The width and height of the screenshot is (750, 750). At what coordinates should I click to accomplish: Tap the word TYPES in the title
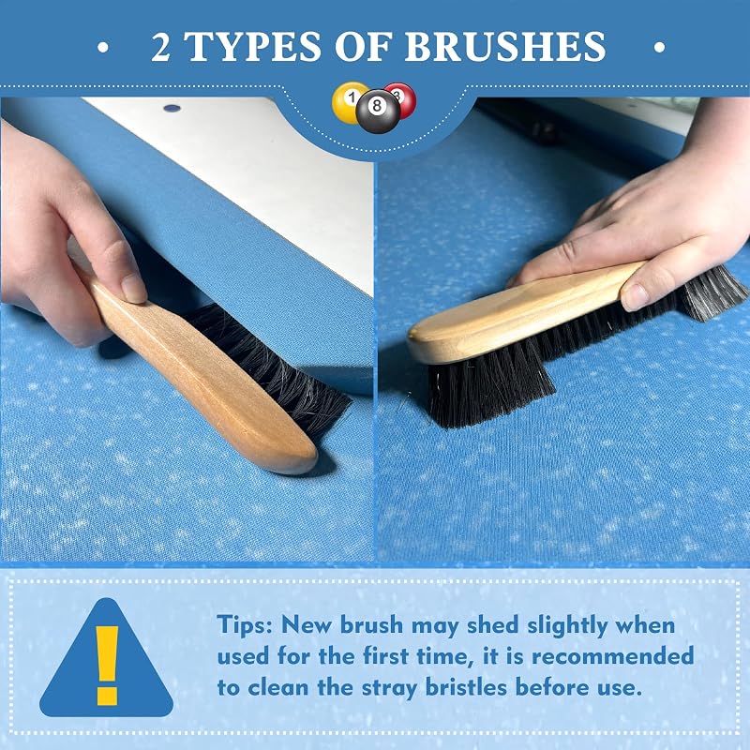(253, 46)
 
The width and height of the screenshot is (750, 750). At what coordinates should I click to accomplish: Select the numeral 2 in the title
(160, 47)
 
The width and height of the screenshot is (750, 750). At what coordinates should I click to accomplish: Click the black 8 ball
(378, 112)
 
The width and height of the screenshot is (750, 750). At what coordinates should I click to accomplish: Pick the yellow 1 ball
(347, 102)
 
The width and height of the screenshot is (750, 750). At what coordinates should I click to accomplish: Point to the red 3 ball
(403, 99)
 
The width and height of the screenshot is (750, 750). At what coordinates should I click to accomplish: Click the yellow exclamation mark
(107, 666)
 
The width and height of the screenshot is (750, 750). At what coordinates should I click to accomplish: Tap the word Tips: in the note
(245, 625)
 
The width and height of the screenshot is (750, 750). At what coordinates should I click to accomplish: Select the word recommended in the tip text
(613, 655)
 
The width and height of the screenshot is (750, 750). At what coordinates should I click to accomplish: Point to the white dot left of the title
(103, 47)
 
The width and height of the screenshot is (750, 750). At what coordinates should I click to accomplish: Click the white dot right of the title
(660, 47)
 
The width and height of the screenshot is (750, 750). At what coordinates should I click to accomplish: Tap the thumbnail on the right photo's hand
(635, 296)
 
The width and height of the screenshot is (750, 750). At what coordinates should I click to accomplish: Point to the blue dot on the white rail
(172, 108)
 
